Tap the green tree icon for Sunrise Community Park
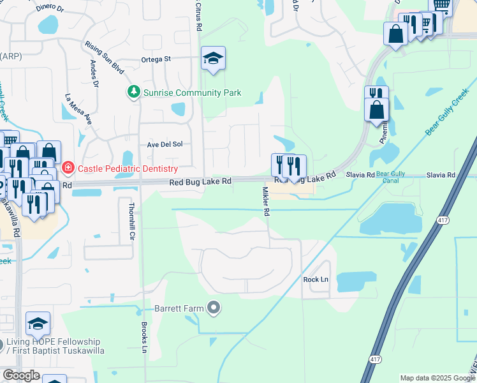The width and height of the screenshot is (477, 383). click(134, 92)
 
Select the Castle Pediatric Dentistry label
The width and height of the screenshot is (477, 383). click(127, 169)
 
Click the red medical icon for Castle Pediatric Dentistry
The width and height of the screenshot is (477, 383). click(68, 169)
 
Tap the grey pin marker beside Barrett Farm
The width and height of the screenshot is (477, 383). click(214, 309)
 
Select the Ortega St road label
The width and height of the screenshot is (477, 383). click(157, 59)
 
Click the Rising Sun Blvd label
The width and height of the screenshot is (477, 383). click(105, 57)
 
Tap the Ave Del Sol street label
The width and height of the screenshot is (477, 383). click(165, 144)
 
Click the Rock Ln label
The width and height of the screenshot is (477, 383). click(315, 280)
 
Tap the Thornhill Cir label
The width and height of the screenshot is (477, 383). click(133, 221)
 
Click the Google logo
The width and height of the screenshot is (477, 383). click(21, 375)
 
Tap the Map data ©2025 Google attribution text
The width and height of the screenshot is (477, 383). click(436, 378)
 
